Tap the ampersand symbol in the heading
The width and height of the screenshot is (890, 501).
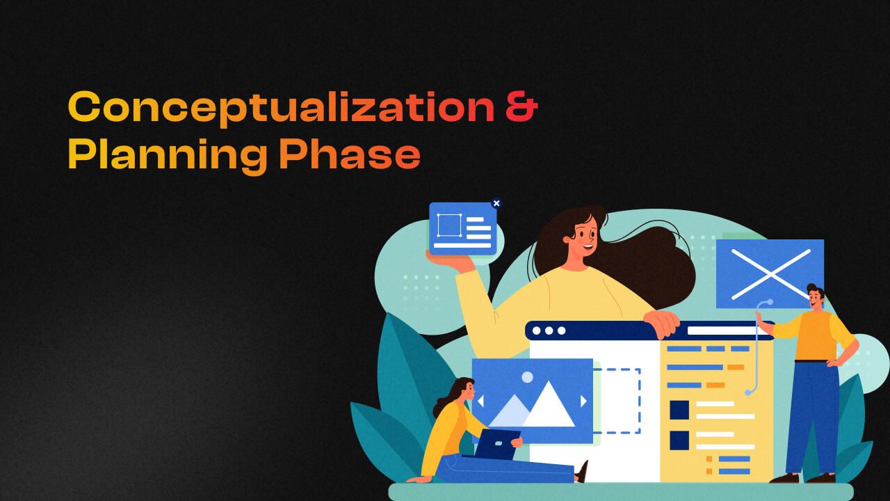pyautogui.click(x=520, y=107)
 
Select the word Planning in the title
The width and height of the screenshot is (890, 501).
pyautogui.click(x=167, y=155)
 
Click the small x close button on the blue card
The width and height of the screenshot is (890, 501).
pyautogui.click(x=496, y=203)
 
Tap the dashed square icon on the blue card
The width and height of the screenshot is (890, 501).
pyautogui.click(x=448, y=225)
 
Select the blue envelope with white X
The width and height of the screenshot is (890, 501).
pyautogui.click(x=770, y=273)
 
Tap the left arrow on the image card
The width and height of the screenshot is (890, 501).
pyautogui.click(x=480, y=401)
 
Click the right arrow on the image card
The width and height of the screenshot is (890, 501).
pyautogui.click(x=583, y=401)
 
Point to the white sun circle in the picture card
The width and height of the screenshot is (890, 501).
pyautogui.click(x=527, y=377)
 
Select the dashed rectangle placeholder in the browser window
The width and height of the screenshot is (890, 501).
pyautogui.click(x=616, y=401)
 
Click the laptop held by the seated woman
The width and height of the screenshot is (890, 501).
pyautogui.click(x=498, y=444)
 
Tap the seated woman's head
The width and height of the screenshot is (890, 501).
pyautogui.click(x=463, y=391)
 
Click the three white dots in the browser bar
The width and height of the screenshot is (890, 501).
pyautogui.click(x=549, y=331)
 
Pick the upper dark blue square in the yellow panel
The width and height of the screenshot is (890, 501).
pyautogui.click(x=679, y=410)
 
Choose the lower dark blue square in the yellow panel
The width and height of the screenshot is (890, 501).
pyautogui.click(x=679, y=440)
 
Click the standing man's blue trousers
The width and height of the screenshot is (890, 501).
pyautogui.click(x=813, y=417)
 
